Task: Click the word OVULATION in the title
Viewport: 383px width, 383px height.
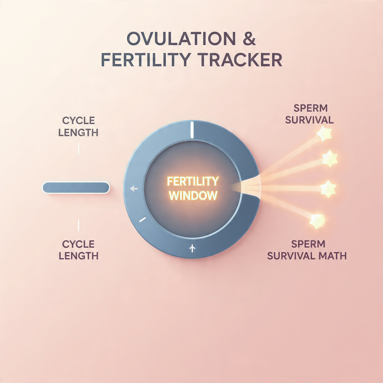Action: pos(181,39)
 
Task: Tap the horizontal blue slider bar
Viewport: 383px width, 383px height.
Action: pos(76,188)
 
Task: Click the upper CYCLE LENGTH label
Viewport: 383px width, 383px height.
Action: pos(78,127)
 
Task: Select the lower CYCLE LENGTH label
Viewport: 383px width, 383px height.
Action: pos(78,250)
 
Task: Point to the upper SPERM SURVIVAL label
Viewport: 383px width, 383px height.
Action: pos(309,114)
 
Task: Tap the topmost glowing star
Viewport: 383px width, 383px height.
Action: pos(324,133)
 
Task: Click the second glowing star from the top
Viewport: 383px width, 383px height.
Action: pos(329,159)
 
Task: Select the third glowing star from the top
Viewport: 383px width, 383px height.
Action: pos(328,189)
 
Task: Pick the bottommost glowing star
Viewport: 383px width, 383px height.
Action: pos(317,221)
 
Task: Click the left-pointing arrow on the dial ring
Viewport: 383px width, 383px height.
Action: pos(134,189)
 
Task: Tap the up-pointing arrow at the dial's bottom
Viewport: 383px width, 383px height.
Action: pos(192,248)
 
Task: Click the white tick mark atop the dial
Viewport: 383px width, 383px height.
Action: pos(192,130)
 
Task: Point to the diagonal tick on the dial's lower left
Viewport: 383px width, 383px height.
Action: pos(142,220)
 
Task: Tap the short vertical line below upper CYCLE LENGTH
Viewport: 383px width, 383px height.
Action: pos(78,148)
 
